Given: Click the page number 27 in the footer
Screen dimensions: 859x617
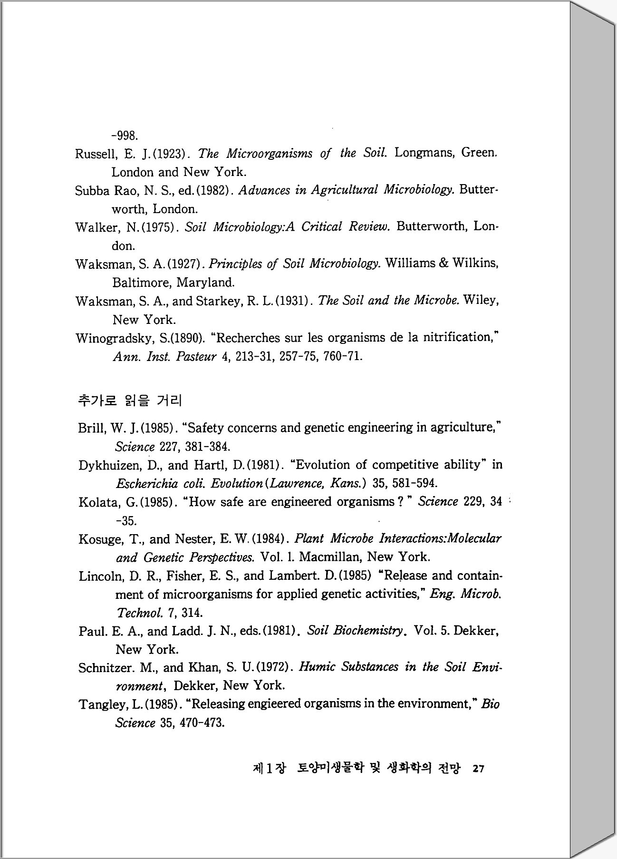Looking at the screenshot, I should pos(478,769).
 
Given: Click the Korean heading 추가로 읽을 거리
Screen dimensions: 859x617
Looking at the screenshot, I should pos(130,400).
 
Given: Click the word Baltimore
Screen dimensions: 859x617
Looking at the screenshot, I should pos(142,283).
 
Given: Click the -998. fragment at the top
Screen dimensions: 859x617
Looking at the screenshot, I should pos(125,136).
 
